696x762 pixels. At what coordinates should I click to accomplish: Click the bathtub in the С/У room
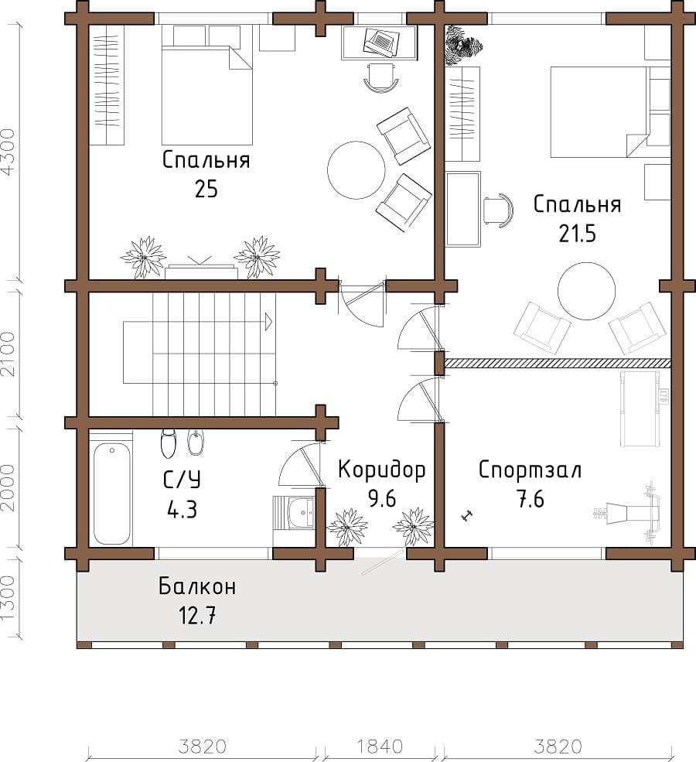pyautogui.click(x=111, y=494)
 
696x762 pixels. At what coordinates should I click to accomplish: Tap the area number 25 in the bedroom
pyautogui.click(x=206, y=189)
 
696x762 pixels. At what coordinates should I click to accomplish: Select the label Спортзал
pyautogui.click(x=530, y=470)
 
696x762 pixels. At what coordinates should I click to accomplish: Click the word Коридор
pyautogui.click(x=382, y=470)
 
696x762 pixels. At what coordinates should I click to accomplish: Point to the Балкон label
pyautogui.click(x=197, y=586)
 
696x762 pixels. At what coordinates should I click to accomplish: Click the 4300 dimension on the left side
pyautogui.click(x=9, y=151)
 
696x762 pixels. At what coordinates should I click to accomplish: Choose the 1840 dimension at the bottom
pyautogui.click(x=380, y=746)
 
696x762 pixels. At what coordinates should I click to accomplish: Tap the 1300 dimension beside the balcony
pyautogui.click(x=9, y=598)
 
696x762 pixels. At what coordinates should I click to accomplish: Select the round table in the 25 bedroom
pyautogui.click(x=357, y=170)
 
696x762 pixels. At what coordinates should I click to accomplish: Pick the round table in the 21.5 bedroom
pyautogui.click(x=587, y=291)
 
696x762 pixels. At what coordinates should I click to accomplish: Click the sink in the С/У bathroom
pyautogui.click(x=301, y=512)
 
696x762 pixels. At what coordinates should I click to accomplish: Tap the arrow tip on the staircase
pyautogui.click(x=271, y=322)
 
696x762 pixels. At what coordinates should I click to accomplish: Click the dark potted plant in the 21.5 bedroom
pyautogui.click(x=463, y=45)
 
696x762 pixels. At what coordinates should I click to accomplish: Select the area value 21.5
pyautogui.click(x=577, y=234)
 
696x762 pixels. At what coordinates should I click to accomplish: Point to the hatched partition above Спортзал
pyautogui.click(x=558, y=363)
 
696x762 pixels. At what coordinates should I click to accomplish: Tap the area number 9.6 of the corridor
pyautogui.click(x=382, y=499)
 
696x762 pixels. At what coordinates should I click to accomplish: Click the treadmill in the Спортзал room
pyautogui.click(x=640, y=408)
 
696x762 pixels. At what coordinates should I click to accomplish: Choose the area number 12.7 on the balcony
pyautogui.click(x=197, y=617)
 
